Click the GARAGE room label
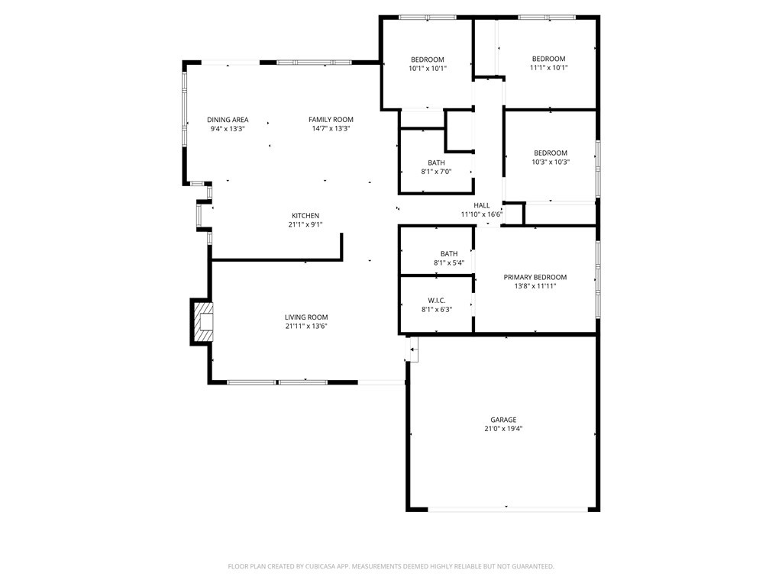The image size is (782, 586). (x=503, y=420)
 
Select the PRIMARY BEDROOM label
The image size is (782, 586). (x=535, y=277)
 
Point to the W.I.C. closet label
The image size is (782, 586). (x=436, y=300)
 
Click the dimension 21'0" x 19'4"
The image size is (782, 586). (x=503, y=429)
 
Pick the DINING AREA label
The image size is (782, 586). (x=228, y=120)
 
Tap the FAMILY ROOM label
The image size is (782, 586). (x=331, y=120)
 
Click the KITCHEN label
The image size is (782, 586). (x=305, y=216)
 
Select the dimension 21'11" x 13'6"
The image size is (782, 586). (x=306, y=327)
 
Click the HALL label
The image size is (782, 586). (x=481, y=205)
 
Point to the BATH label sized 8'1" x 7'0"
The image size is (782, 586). (x=436, y=163)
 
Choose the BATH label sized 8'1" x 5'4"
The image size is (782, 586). (x=448, y=254)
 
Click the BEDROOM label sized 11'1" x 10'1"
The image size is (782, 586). (x=548, y=59)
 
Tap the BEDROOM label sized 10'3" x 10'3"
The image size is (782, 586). (x=550, y=153)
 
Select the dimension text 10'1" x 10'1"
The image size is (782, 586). (x=427, y=69)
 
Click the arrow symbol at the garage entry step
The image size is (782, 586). (x=413, y=350)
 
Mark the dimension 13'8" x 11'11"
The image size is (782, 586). (x=535, y=286)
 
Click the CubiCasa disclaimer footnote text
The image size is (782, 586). (x=391, y=566)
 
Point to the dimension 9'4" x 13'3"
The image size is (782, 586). (x=228, y=129)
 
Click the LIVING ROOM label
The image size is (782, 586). (x=306, y=317)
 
